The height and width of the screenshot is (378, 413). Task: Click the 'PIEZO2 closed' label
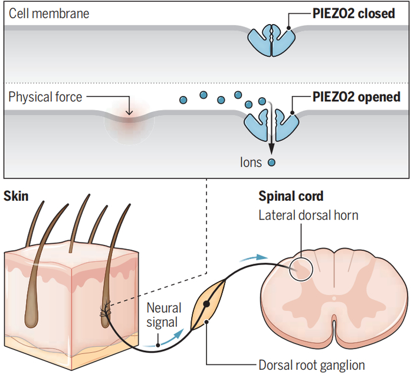[353, 13]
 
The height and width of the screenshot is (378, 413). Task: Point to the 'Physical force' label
[45, 97]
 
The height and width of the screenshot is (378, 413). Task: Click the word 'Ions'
[251, 161]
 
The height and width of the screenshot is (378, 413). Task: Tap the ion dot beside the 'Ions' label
[272, 161]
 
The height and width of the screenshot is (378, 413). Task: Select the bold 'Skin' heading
[16, 195]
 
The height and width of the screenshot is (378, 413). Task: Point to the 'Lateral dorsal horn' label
[308, 215]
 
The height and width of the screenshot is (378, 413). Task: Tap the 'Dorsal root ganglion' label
[312, 365]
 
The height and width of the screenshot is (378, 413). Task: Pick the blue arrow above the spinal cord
[251, 257]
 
